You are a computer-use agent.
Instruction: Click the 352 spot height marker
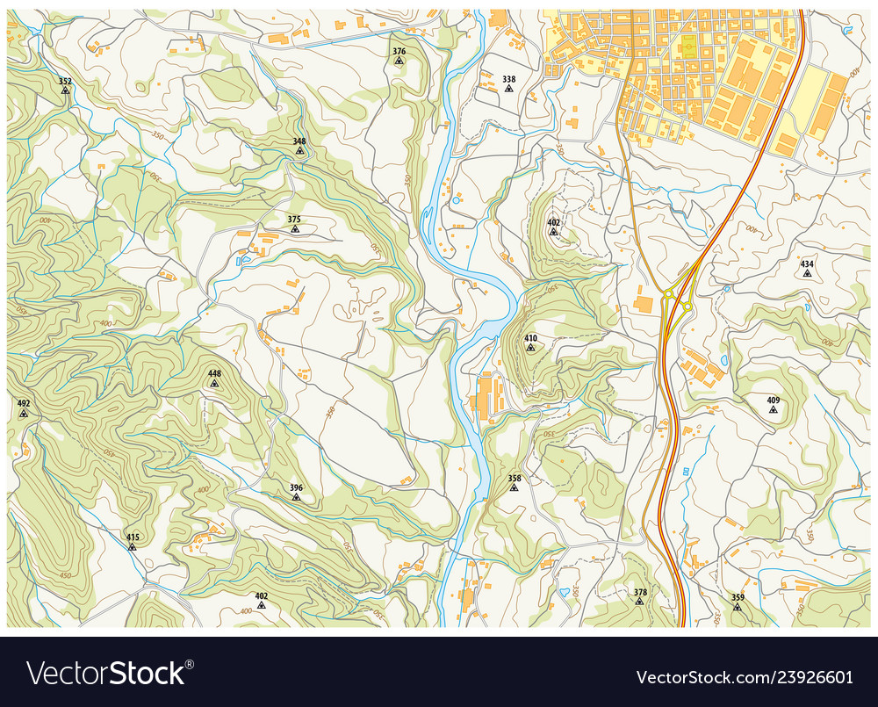pyautogui.click(x=65, y=90)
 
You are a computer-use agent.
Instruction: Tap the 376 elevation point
pyautogui.click(x=399, y=61)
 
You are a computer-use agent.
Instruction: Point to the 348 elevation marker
pyautogui.click(x=299, y=150)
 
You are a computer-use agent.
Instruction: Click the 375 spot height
pyautogui.click(x=294, y=228)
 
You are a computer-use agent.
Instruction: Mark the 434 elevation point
pyautogui.click(x=806, y=273)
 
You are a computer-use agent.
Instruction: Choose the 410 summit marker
pyautogui.click(x=530, y=347)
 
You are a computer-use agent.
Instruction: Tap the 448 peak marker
pyautogui.click(x=214, y=383)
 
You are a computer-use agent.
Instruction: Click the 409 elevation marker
pyautogui.click(x=773, y=409)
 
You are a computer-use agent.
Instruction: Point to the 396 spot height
pyautogui.click(x=296, y=497)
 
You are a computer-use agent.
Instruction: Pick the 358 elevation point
pyautogui.click(x=514, y=488)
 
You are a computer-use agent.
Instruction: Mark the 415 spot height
pyautogui.click(x=133, y=546)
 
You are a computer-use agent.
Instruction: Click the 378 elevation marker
pyautogui.click(x=640, y=602)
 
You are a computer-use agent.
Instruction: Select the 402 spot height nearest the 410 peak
pyautogui.click(x=553, y=232)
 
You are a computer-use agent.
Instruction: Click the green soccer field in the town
pyautogui.click(x=687, y=46)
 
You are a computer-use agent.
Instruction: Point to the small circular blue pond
pyautogui.click(x=456, y=201)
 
